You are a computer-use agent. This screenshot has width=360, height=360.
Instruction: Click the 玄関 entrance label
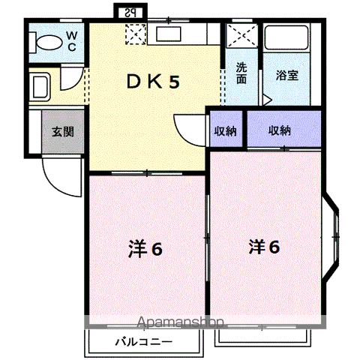click(62, 131)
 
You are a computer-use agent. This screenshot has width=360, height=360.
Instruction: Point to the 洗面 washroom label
click(241, 73)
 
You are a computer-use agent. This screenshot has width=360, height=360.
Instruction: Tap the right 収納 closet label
click(280, 130)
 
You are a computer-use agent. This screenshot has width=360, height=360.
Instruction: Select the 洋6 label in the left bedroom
click(145, 250)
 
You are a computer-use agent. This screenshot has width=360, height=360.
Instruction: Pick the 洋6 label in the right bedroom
click(265, 246)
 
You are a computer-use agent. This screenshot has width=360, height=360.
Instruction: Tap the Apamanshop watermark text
click(180, 323)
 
